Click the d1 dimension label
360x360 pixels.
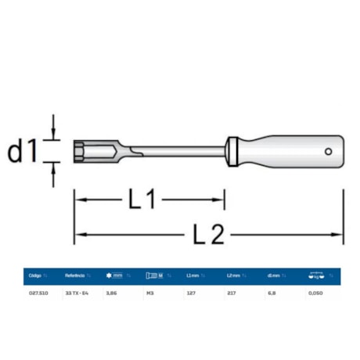tap(25, 150)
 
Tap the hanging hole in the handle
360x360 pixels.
tap(329, 151)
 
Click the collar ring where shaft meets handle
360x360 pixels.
tap(230, 151)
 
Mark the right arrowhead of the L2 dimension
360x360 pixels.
tap(338, 233)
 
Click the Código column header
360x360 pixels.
tap(35, 275)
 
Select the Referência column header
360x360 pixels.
tap(76, 275)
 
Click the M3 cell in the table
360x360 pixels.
tap(150, 292)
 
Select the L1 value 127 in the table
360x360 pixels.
tap(191, 292)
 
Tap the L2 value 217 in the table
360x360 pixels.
tap(232, 292)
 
